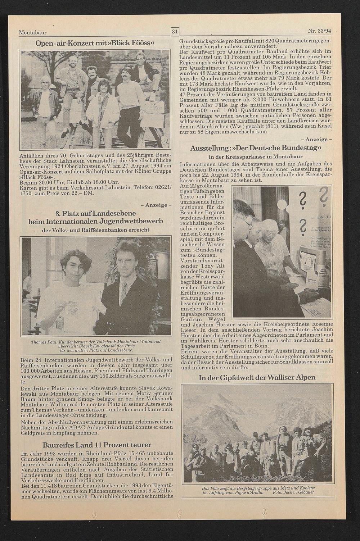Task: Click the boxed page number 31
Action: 175,32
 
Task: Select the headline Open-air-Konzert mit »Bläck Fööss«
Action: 95,44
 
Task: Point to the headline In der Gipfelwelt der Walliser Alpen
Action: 257,377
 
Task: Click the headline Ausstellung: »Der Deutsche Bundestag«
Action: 256,148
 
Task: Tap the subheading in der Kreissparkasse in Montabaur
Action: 256,157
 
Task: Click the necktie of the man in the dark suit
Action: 123,292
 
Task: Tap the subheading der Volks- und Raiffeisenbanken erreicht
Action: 96,229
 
